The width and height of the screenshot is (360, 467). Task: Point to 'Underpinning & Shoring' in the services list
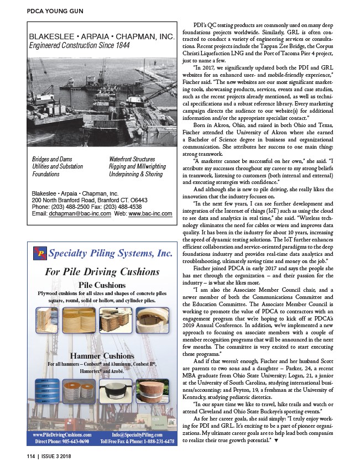click(136, 174)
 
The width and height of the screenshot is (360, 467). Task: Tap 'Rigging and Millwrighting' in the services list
click(138, 166)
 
